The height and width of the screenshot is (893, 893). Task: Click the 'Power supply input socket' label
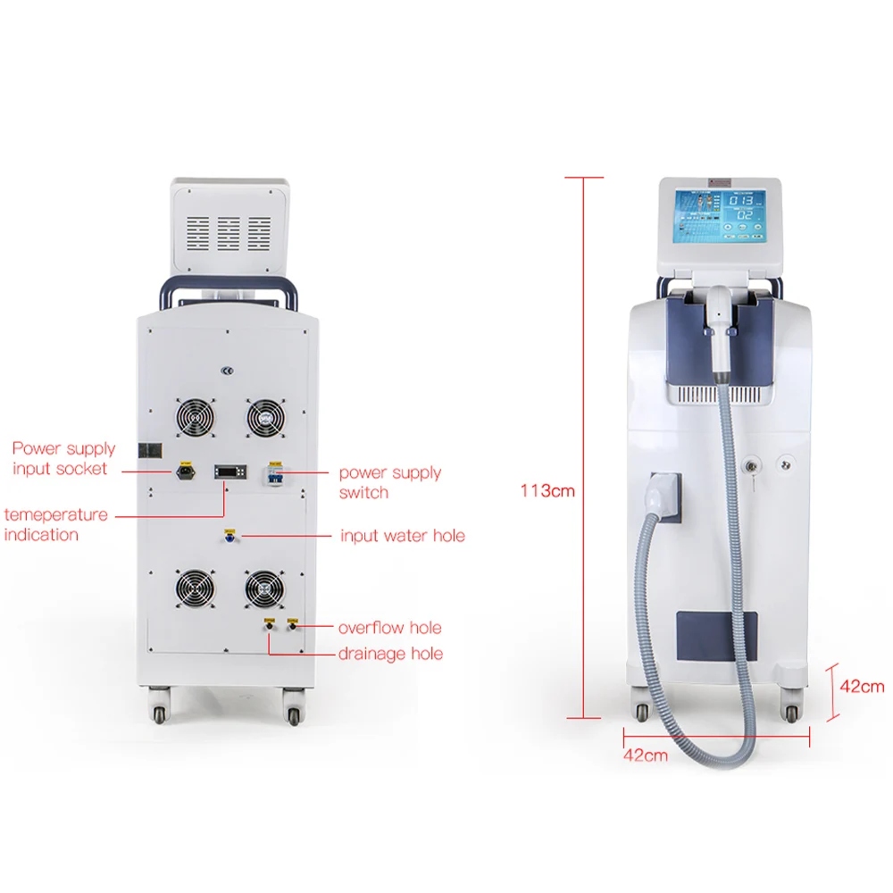(63, 458)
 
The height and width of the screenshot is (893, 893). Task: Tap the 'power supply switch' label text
(390, 482)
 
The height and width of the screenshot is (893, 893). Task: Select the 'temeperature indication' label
(55, 524)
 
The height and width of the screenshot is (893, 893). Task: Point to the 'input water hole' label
(402, 536)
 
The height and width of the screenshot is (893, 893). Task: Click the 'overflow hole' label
(389, 628)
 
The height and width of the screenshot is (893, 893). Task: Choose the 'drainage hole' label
(390, 654)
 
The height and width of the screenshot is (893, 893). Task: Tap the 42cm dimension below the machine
(646, 755)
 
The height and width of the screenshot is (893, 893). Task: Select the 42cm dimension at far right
(862, 686)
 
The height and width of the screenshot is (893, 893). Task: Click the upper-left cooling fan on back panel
(195, 415)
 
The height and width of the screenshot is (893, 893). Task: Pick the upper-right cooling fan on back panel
(264, 415)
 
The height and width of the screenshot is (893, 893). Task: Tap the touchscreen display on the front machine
(720, 217)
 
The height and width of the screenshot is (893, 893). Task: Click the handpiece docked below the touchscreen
(720, 326)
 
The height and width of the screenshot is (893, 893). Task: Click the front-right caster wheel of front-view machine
(791, 712)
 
